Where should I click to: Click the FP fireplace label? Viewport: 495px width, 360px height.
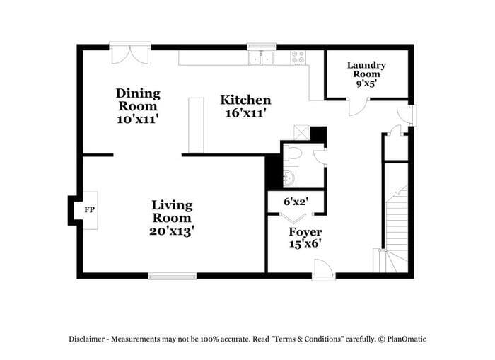(x=90, y=210)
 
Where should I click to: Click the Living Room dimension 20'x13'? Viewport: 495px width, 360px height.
(x=173, y=230)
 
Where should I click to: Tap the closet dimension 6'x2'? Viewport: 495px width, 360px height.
(x=295, y=201)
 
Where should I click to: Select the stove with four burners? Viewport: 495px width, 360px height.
(x=298, y=57)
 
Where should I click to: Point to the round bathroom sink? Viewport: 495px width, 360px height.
(x=289, y=178)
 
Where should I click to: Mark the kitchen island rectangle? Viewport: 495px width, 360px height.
(x=196, y=124)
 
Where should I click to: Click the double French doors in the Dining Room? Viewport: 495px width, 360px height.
(x=130, y=54)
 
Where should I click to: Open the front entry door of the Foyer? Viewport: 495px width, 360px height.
(x=323, y=268)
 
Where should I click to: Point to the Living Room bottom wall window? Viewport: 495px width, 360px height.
(x=172, y=275)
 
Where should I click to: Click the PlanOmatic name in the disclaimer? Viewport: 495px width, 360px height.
(x=408, y=339)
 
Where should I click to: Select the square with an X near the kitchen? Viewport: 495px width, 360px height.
(x=301, y=133)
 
